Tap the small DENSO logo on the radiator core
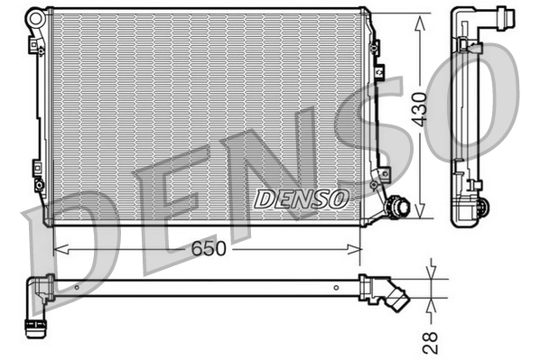click(298, 198)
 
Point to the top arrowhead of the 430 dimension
click(420, 21)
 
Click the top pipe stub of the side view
click(487, 15)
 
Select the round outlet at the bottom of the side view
click(478, 209)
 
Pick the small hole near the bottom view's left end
click(77, 288)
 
